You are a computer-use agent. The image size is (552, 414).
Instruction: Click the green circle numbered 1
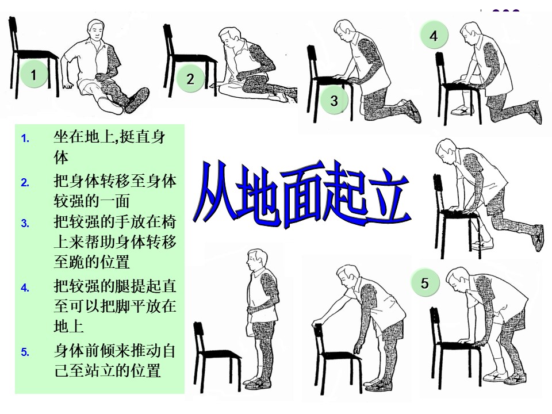(x=33, y=75)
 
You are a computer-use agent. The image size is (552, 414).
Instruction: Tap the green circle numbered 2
(x=190, y=79)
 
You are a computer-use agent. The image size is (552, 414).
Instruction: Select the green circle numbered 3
(x=334, y=101)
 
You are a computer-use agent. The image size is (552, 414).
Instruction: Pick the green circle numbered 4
(x=434, y=35)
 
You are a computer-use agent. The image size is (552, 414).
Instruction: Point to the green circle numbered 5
(x=425, y=283)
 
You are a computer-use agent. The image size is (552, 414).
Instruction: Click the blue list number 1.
(x=25, y=139)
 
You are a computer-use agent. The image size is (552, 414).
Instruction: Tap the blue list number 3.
(x=25, y=223)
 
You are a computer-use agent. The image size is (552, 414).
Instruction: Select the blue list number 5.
(x=25, y=352)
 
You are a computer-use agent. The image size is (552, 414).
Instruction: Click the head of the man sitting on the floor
(x=97, y=31)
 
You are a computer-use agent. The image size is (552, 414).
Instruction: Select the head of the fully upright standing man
(x=256, y=260)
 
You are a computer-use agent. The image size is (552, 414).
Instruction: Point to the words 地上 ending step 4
(x=69, y=326)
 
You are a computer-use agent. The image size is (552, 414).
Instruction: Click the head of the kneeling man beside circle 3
(x=344, y=29)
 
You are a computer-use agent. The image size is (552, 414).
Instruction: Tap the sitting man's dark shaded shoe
(x=138, y=100)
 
